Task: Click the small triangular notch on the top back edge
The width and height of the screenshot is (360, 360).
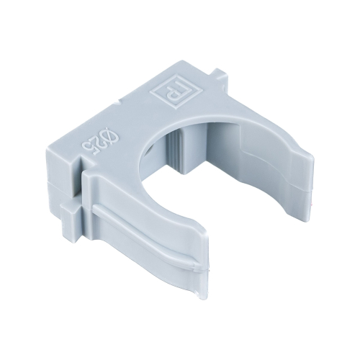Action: coord(117,102)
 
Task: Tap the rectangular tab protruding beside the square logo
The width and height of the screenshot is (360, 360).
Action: coord(219,73)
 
